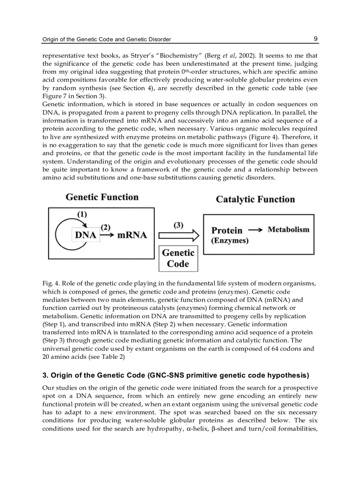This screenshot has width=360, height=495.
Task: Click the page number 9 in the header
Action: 316,39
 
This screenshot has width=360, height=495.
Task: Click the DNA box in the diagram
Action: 85,235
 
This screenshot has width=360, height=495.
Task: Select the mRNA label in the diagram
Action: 132,235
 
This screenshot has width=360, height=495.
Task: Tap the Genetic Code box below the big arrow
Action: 178,258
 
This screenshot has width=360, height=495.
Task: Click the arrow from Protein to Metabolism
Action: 255,230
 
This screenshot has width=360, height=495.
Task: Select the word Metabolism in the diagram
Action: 289,230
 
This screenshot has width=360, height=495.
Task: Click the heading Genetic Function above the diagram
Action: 102,197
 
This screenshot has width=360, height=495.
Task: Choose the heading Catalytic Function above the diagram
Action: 255,199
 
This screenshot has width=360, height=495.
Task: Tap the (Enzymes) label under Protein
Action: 230,241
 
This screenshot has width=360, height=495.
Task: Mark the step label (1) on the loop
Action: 82,214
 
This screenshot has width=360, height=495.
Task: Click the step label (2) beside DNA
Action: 105,227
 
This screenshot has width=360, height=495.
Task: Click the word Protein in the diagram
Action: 227,230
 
